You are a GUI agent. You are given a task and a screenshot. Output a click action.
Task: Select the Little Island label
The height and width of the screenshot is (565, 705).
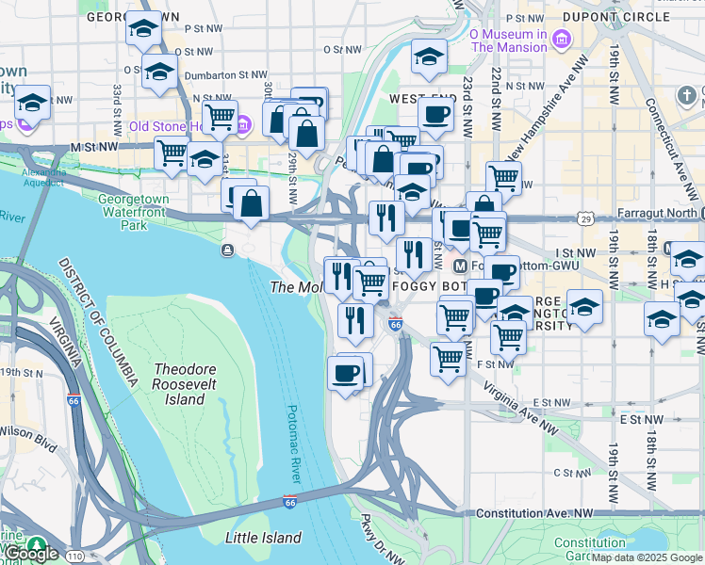(x=263, y=538)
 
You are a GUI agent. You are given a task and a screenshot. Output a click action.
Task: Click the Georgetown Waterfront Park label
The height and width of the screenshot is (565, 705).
(x=134, y=213)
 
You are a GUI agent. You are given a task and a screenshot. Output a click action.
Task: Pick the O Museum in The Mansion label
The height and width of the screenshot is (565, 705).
(x=508, y=40)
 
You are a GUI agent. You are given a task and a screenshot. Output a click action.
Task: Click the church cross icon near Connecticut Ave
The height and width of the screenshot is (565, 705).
(x=687, y=97)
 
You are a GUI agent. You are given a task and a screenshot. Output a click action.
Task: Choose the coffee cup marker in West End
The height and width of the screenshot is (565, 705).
(x=435, y=114)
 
